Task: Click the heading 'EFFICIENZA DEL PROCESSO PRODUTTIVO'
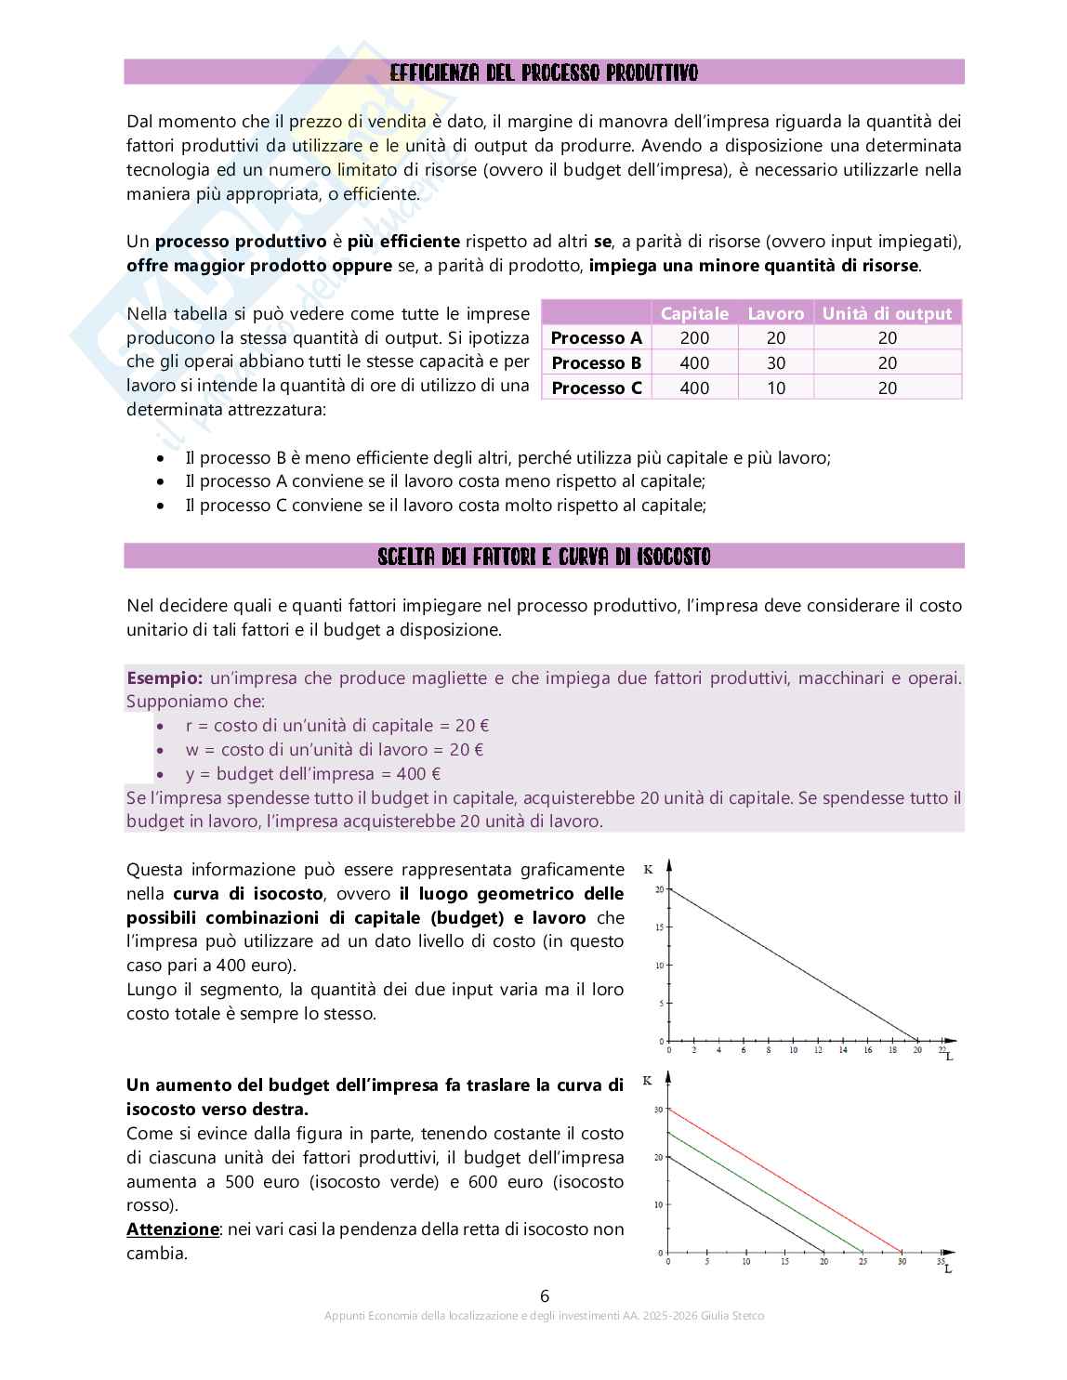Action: pyautogui.click(x=544, y=72)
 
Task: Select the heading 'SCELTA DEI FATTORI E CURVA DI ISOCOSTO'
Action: pyautogui.click(x=544, y=557)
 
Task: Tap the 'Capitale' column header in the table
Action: pyautogui.click(x=694, y=313)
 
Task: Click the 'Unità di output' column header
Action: pyautogui.click(x=887, y=313)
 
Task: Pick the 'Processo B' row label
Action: pyautogui.click(x=596, y=362)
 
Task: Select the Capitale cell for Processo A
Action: pyautogui.click(x=694, y=338)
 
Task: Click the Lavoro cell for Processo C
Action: pyautogui.click(x=776, y=388)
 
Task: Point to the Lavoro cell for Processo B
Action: pyautogui.click(x=776, y=362)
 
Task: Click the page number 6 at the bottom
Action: pyautogui.click(x=545, y=1295)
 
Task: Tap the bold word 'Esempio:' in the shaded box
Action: pyautogui.click(x=165, y=677)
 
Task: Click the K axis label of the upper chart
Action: pyautogui.click(x=648, y=870)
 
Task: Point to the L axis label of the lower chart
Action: pyautogui.click(x=947, y=1269)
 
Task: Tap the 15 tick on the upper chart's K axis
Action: pyautogui.click(x=659, y=927)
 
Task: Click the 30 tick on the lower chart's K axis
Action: pyautogui.click(x=658, y=1110)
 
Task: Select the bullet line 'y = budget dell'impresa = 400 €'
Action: pyautogui.click(x=312, y=773)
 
